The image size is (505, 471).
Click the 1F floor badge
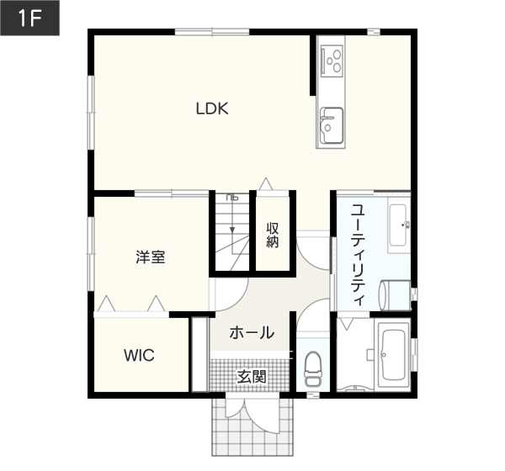[29, 18]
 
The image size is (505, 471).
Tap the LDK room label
[212, 108]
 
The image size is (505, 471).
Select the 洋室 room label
[151, 257]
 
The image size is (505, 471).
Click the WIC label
[139, 356]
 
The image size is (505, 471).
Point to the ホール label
[252, 333]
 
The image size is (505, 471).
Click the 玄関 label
[252, 377]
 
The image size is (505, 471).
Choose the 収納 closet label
[273, 235]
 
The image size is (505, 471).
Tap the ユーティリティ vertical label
[358, 255]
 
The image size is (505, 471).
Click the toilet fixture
[313, 369]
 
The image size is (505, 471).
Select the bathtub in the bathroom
[393, 355]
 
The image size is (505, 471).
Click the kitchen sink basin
[331, 125]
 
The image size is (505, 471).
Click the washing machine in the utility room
[396, 295]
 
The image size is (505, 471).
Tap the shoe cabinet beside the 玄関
[199, 355]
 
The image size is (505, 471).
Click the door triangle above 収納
[266, 184]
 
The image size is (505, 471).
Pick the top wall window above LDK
[212, 32]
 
